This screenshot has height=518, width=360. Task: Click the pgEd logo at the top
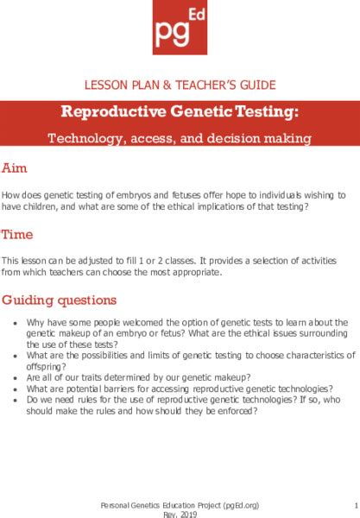click(180, 31)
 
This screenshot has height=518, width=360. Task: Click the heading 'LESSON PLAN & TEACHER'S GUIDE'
click(180, 85)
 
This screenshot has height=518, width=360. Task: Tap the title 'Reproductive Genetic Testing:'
click(180, 112)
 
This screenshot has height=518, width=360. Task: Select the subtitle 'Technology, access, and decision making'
click(180, 137)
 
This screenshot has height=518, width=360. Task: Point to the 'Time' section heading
click(19, 233)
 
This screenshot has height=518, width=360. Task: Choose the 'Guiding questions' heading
click(60, 300)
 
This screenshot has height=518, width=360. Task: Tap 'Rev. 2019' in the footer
click(180, 513)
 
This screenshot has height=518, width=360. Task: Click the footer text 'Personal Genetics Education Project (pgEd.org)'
click(180, 502)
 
